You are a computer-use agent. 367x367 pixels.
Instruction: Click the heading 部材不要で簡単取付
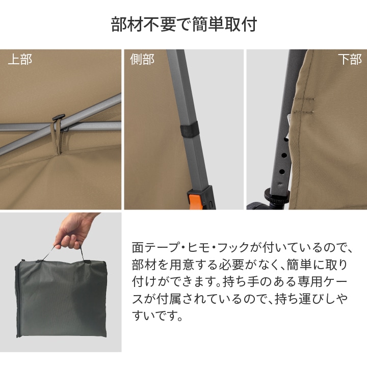(x=184, y=24)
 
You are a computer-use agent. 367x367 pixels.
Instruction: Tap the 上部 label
(x=20, y=59)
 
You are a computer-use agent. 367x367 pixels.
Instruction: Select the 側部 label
(x=142, y=59)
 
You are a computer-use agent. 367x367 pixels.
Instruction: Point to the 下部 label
(x=350, y=59)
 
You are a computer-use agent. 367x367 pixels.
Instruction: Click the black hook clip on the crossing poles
(x=58, y=117)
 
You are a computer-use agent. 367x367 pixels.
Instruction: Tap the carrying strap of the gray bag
(x=68, y=253)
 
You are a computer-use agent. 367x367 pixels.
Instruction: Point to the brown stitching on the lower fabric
(x=304, y=106)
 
